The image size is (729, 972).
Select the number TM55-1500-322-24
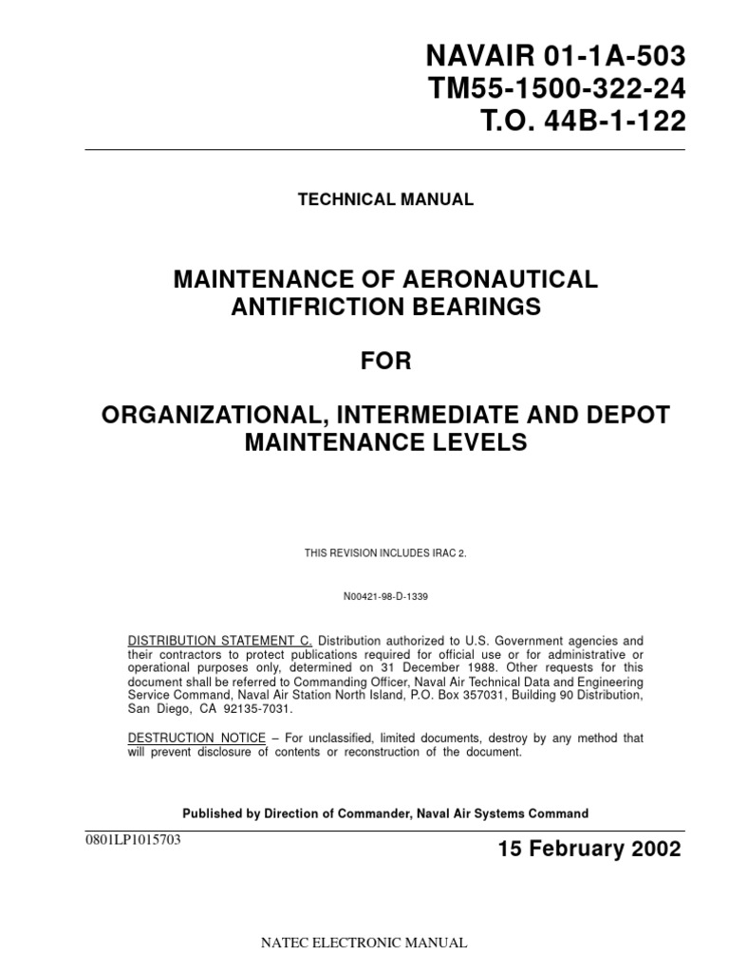coord(555,90)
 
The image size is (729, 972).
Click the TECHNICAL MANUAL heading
coord(385,199)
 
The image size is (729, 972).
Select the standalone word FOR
coord(385,362)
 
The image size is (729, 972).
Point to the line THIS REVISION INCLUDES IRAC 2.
coord(384,552)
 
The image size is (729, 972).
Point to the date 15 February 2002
coord(589,850)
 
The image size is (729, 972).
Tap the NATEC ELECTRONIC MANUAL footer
coord(364,943)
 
